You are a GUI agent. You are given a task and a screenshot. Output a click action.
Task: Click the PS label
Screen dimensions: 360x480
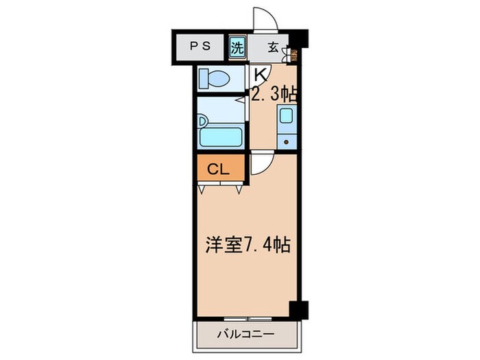(200, 48)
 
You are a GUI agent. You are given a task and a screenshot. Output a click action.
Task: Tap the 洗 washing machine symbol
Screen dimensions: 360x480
(237, 48)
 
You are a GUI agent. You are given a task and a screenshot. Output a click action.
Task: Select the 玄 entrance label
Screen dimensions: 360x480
(272, 48)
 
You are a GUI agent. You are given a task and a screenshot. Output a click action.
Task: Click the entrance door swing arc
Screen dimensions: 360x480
(264, 19)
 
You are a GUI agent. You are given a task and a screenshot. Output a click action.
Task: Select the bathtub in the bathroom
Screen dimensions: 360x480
(221, 135)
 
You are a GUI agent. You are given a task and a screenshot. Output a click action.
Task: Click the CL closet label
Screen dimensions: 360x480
(220, 169)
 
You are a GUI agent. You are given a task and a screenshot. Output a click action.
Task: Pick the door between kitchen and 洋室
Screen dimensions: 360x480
(261, 163)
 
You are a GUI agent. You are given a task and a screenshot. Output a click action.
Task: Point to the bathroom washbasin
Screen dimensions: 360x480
(202, 121)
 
